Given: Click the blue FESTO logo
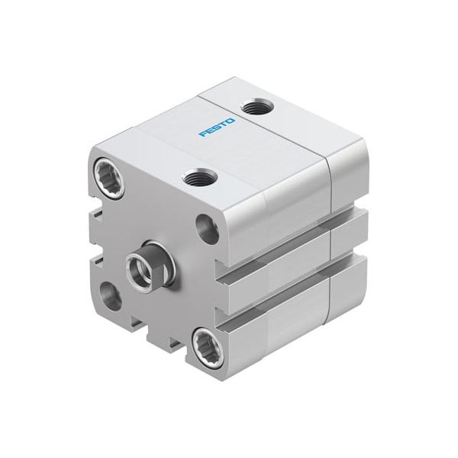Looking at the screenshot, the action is point(217,127).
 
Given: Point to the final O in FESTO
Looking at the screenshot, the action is point(231,121).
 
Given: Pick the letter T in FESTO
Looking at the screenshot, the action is point(224,124).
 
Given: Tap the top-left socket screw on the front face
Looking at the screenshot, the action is point(109,178).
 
